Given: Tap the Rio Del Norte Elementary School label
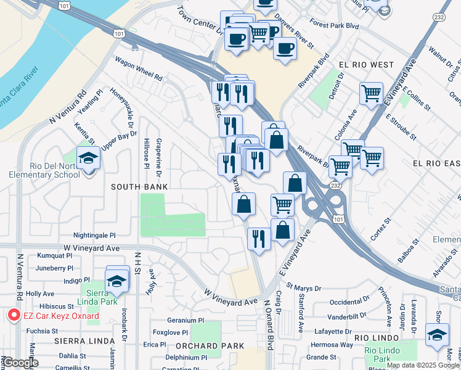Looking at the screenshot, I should pyautogui.click(x=44, y=170).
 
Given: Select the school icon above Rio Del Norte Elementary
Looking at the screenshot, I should pyautogui.click(x=88, y=158).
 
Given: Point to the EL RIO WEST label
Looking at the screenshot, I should pyautogui.click(x=365, y=64).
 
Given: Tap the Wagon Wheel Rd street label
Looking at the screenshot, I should pyautogui.click(x=139, y=69).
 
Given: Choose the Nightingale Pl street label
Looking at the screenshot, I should pyautogui.click(x=94, y=235).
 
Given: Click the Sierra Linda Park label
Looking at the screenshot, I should pyautogui.click(x=93, y=297).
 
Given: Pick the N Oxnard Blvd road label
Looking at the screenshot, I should pyautogui.click(x=268, y=324).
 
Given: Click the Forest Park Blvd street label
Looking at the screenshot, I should pyautogui.click(x=335, y=26).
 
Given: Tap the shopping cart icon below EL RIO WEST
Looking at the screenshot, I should pyautogui.click(x=371, y=94).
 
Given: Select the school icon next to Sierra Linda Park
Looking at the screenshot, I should pyautogui.click(x=117, y=281).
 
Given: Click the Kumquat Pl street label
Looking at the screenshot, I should pyautogui.click(x=55, y=255).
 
